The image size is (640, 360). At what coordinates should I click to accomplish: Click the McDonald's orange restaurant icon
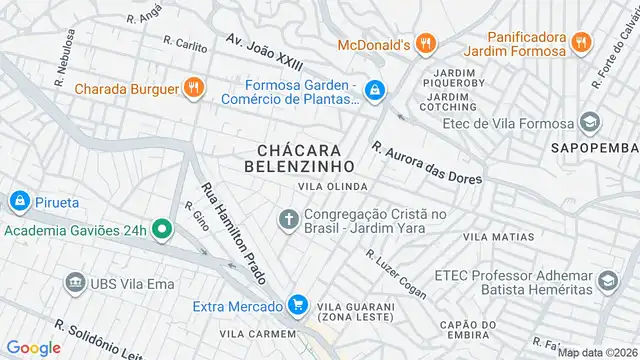click(x=427, y=43)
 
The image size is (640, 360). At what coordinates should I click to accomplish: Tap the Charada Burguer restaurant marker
click(x=193, y=88)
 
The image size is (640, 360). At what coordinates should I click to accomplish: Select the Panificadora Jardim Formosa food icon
click(x=583, y=43)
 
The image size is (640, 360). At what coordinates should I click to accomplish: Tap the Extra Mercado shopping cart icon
click(x=296, y=304)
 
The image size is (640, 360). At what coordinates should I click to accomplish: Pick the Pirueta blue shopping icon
click(x=19, y=201)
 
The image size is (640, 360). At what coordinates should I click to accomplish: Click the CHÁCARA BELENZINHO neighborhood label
click(x=300, y=157)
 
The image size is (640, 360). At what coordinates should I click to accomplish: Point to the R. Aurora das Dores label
click(x=426, y=162)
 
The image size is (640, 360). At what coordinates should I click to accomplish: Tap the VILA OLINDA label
click(x=332, y=187)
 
